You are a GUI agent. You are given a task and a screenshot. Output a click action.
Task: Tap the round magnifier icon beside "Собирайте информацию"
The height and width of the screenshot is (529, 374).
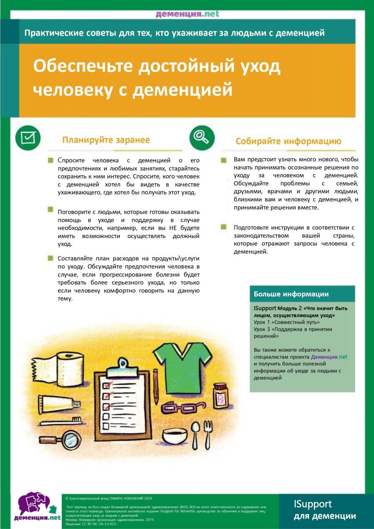[x=202, y=137]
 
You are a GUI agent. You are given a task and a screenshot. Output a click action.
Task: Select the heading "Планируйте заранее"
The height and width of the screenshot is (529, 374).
[x=106, y=140]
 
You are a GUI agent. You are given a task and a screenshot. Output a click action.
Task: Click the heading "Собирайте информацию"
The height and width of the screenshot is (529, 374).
[x=289, y=142]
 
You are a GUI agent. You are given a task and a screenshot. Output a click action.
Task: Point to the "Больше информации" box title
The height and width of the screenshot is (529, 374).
[x=291, y=294]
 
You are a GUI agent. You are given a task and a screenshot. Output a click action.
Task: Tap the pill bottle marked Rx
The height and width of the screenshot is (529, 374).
[x=220, y=395]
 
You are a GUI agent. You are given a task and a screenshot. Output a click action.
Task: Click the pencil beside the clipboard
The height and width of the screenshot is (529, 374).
[x=156, y=387]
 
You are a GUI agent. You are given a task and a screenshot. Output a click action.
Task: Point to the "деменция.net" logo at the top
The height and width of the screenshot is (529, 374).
[x=187, y=14]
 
